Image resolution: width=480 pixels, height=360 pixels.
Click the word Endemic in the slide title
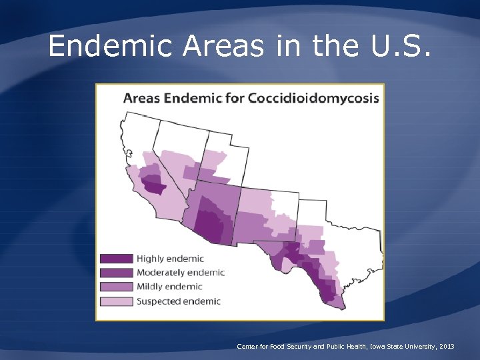(x=121, y=46)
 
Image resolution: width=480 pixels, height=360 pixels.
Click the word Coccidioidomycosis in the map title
(x=313, y=99)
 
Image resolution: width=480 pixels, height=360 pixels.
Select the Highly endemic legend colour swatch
(x=116, y=259)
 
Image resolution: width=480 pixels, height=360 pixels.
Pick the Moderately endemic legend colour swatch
(x=116, y=273)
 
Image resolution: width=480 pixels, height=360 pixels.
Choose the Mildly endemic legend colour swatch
(x=116, y=287)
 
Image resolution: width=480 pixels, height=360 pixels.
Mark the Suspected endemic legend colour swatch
(x=116, y=301)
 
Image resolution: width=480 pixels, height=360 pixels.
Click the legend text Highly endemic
(x=170, y=259)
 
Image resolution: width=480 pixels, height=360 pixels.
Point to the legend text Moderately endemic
(x=180, y=273)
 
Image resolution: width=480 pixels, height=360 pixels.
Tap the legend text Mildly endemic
(x=169, y=287)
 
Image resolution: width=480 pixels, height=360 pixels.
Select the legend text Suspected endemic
(x=178, y=301)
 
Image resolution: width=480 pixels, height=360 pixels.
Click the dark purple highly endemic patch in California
(x=154, y=186)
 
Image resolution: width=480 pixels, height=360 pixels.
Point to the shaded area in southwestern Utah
(x=214, y=160)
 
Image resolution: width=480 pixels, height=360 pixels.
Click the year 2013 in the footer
(x=447, y=347)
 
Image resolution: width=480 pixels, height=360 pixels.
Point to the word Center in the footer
(x=247, y=347)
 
